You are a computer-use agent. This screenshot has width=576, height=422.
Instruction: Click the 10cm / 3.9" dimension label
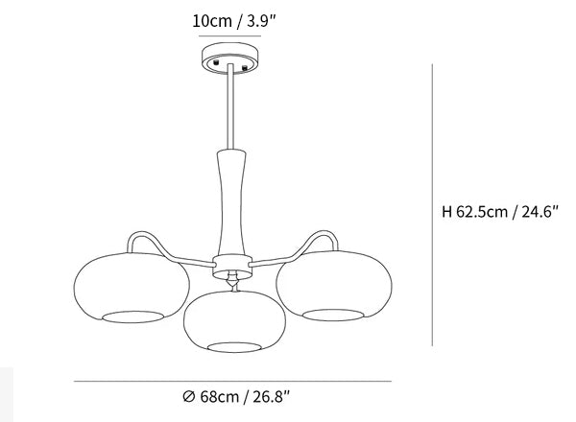tap(233, 21)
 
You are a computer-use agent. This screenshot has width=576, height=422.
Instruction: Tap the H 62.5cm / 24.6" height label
tap(500, 212)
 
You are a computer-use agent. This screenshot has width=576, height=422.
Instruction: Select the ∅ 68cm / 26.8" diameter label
tap(236, 397)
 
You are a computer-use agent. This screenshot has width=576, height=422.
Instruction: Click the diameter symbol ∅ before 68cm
tap(188, 397)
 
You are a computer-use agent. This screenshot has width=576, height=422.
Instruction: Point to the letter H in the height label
tap(446, 212)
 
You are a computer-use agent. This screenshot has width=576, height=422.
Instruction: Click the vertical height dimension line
tap(432, 204)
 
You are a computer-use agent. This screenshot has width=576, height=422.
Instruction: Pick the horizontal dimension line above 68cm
tap(232, 382)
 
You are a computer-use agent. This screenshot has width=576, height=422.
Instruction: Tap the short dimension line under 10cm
tap(230, 35)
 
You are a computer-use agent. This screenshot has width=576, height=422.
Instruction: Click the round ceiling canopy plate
tap(230, 59)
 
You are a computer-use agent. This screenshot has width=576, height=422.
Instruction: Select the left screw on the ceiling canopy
tap(216, 61)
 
